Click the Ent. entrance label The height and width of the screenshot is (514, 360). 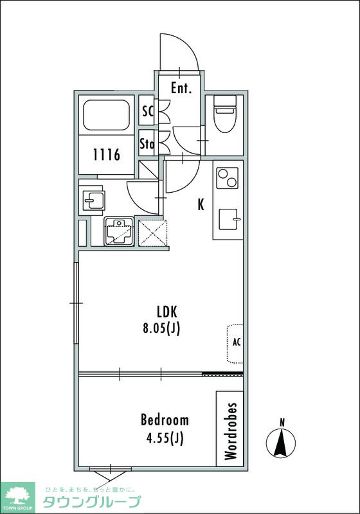point(181,88)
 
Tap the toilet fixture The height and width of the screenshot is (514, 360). point(224,114)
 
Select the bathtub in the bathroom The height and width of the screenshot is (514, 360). point(105,115)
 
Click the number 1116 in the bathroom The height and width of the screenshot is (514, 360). point(107,154)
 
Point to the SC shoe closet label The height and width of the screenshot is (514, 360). point(148,111)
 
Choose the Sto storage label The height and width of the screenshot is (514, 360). point(147,143)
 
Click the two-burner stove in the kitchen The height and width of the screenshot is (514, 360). point(228,178)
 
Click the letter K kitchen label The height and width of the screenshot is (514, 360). point(201,204)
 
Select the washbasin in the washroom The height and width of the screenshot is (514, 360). point(93,200)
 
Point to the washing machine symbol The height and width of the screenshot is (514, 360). point(119,231)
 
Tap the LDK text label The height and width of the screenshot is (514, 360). point(167,312)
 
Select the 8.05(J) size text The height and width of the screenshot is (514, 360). point(161,328)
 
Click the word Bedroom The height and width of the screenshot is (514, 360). point(165,420)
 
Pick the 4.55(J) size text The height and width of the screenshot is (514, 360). point(165,438)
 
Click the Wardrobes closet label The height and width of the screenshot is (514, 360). point(231,430)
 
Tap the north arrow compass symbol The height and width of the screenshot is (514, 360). point(281,440)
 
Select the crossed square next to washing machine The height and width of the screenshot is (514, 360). point(153,233)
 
